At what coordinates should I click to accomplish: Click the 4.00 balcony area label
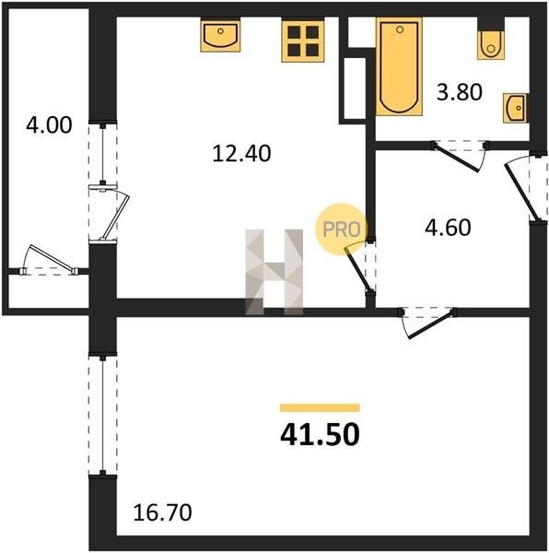pyautogui.click(x=49, y=125)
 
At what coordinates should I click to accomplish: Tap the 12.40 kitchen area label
pyautogui.click(x=241, y=154)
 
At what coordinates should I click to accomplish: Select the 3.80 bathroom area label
pyautogui.click(x=460, y=92)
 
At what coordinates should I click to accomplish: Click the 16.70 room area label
pyautogui.click(x=163, y=512)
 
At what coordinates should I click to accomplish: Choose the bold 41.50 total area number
pyautogui.click(x=320, y=434)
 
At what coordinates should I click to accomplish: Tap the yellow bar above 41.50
pyautogui.click(x=320, y=407)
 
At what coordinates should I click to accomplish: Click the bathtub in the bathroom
pyautogui.click(x=399, y=66)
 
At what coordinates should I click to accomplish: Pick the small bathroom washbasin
pyautogui.click(x=515, y=108)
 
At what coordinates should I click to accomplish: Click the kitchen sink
pyautogui.click(x=220, y=36)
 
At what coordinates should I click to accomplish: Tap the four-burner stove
pyautogui.click(x=303, y=41)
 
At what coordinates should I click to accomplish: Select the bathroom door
pyautogui.click(x=459, y=155)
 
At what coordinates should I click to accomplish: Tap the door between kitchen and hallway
pyautogui.click(x=360, y=267)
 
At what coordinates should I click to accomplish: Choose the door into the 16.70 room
pyautogui.click(x=427, y=323)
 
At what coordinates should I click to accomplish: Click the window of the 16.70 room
pyautogui.click(x=102, y=416)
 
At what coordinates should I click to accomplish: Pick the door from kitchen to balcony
pyautogui.click(x=109, y=212)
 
